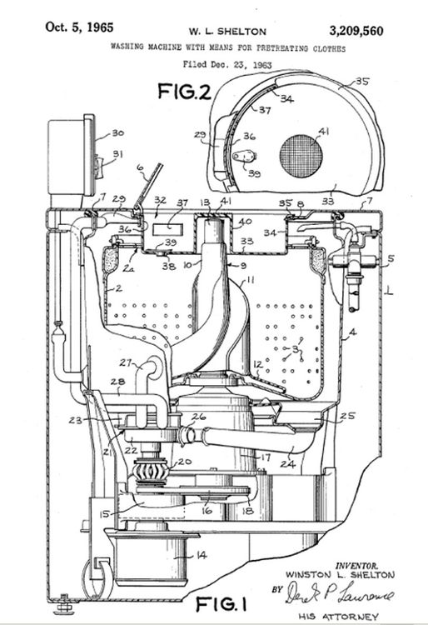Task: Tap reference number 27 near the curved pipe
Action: [126, 362]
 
